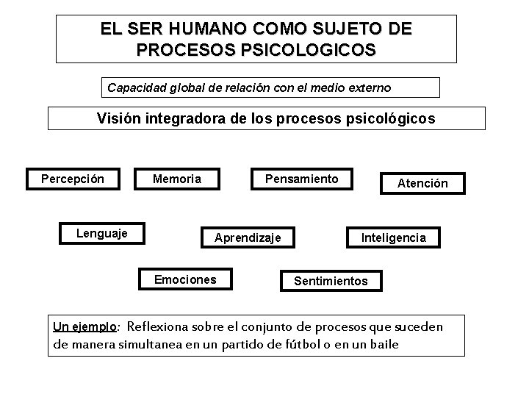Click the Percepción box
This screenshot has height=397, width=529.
pyautogui.click(x=73, y=179)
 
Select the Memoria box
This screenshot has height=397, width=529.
pyautogui.click(x=176, y=179)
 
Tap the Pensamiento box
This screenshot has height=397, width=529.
pyautogui.click(x=301, y=179)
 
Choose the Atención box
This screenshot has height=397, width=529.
pyautogui.click(x=422, y=183)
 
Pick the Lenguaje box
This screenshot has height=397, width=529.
pyautogui.click(x=102, y=233)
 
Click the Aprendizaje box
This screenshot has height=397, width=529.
pyautogui.click(x=253, y=237)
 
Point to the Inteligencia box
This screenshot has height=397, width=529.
pyautogui.click(x=393, y=237)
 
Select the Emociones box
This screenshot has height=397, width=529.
pyautogui.click(x=185, y=279)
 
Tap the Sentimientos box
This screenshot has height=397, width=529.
pyautogui.click(x=331, y=281)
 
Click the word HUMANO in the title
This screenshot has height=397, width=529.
pyautogui.click(x=201, y=29)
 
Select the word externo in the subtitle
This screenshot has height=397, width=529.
pyautogui.click(x=369, y=88)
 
